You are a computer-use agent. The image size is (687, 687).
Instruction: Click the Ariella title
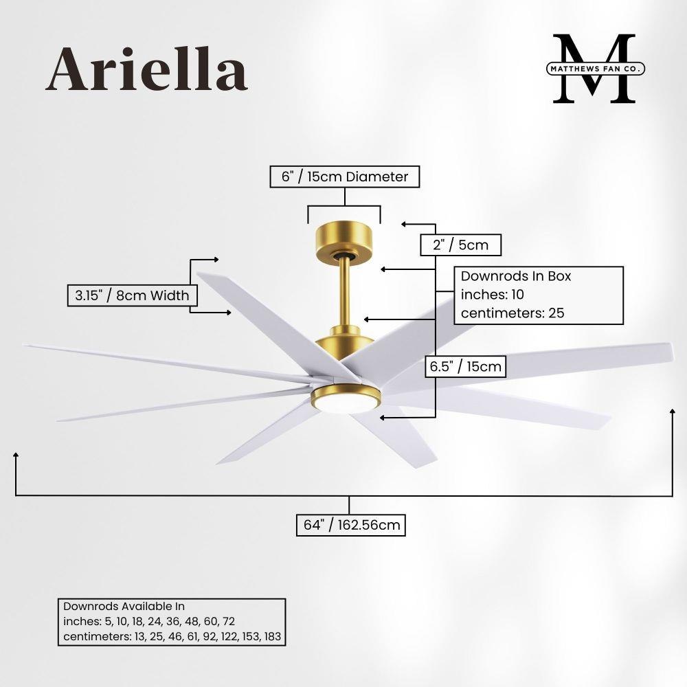coord(147,69)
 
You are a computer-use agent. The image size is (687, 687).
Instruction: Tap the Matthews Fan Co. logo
coord(596,68)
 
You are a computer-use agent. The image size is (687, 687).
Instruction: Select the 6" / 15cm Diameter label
coord(344,177)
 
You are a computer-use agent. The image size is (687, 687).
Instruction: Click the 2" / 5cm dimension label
coord(460,245)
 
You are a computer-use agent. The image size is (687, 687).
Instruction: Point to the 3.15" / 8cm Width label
coord(132,295)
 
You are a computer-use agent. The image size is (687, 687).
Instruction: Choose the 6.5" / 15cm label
coord(465,366)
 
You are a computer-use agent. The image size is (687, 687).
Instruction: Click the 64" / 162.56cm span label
coord(351,525)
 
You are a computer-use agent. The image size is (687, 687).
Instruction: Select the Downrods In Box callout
coord(539,295)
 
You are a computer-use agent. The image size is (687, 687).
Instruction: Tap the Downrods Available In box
coord(172,622)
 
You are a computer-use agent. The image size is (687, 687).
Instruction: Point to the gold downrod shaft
coord(344,293)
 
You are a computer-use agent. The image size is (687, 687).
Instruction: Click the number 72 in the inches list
coord(229,621)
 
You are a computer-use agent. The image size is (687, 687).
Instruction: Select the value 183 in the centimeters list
coord(273,636)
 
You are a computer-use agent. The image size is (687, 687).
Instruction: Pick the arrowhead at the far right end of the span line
coord(673,411)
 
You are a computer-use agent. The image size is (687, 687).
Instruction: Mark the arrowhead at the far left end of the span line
coord(16,455)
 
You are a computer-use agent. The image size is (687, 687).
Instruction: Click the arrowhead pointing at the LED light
coord(383,418)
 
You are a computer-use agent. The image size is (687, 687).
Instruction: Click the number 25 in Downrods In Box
coord(556,313)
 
